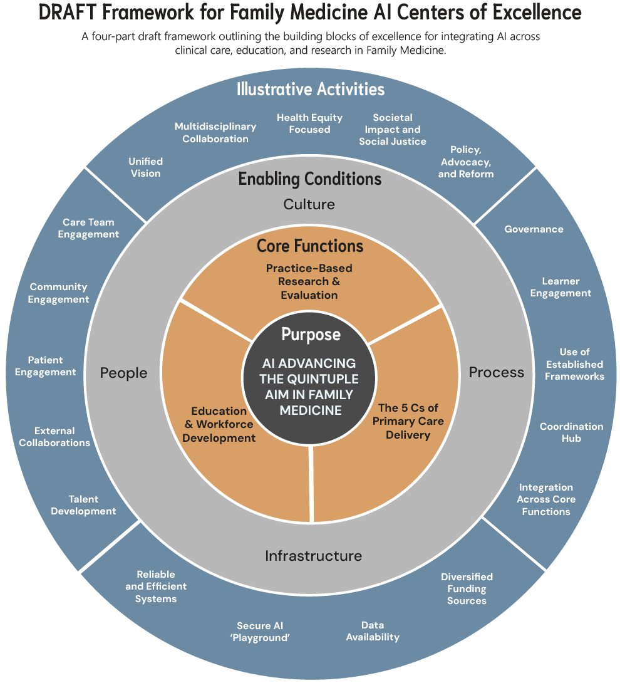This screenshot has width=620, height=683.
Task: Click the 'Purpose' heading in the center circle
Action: pos(311,335)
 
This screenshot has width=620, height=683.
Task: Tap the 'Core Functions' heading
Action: pos(310,246)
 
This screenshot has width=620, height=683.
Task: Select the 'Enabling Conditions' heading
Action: pos(310,179)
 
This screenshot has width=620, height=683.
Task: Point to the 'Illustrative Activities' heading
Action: pos(311,89)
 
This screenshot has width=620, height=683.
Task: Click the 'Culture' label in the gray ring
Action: pos(309,204)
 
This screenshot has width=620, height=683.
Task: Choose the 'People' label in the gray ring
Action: pos(124,373)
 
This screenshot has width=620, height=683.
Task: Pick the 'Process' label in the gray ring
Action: pos(497,372)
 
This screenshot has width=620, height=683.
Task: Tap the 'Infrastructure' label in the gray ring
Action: pos(313,556)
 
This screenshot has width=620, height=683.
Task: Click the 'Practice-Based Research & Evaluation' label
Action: pos(309,281)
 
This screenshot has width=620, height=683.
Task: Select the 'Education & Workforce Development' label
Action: pos(219,424)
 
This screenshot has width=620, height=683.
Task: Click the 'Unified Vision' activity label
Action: pos(146,167)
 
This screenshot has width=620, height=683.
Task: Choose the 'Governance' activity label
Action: pos(534,229)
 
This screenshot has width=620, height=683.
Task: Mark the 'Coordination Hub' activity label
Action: pos(571,432)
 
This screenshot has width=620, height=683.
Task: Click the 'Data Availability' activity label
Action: pos(373,631)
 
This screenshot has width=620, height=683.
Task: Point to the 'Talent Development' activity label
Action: pos(83,505)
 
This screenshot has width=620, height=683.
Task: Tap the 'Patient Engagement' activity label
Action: pos(46,366)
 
